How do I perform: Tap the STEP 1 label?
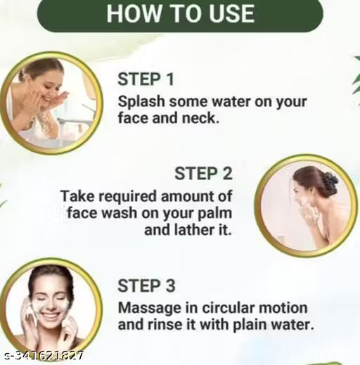pyautogui.click(x=146, y=79)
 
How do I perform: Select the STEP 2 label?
pyautogui.click(x=203, y=173)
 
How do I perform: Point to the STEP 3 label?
pyautogui.click(x=146, y=286)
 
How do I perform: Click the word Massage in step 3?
pyautogui.click(x=147, y=309)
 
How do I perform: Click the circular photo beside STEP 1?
pyautogui.click(x=51, y=103)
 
